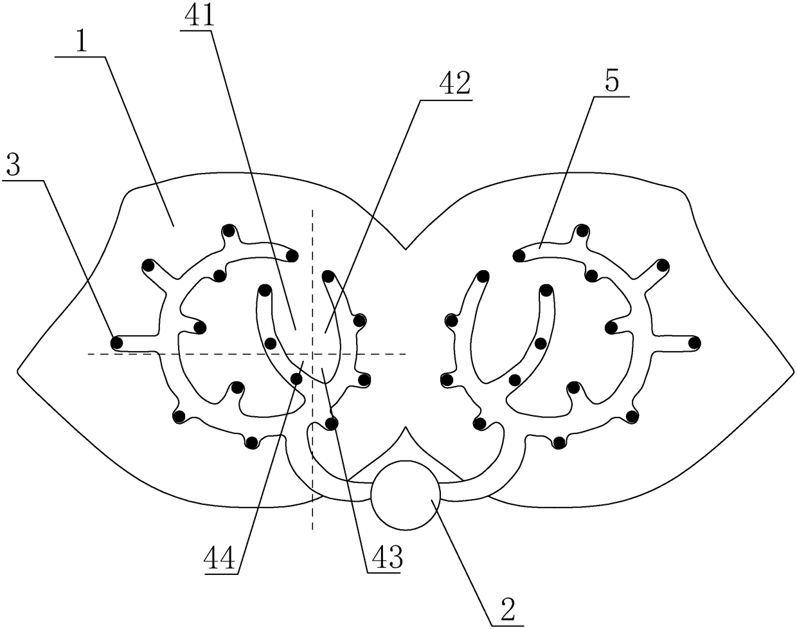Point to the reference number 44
click(x=220, y=558)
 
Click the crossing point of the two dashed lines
click(x=312, y=354)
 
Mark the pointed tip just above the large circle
click(x=405, y=427)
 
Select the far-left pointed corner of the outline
click(x=17, y=371)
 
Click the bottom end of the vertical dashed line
click(x=312, y=530)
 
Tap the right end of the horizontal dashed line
click(x=406, y=354)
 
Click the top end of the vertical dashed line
click(x=312, y=208)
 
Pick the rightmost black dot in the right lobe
click(x=695, y=342)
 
